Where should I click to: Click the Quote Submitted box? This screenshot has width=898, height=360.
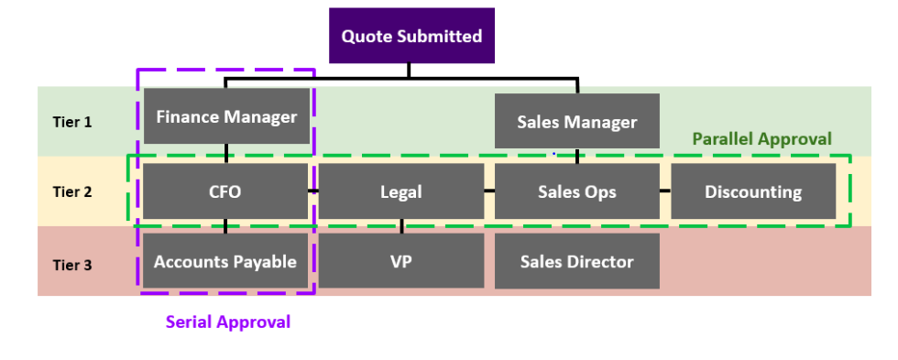411,37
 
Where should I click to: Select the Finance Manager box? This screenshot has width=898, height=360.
226,116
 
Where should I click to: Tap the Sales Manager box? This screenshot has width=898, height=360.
576,121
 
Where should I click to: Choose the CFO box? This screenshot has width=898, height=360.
225,191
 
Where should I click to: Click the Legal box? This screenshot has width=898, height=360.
400,191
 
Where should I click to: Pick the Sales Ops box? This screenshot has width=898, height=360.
576,191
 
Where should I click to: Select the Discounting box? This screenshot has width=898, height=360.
752,191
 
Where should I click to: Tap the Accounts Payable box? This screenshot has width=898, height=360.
225,261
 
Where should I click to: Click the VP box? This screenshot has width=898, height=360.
400,261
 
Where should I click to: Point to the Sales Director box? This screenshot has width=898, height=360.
576,261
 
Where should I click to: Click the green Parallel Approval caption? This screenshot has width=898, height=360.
761,139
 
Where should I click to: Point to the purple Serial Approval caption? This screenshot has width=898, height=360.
227,322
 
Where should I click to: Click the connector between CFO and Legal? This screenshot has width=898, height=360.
313,191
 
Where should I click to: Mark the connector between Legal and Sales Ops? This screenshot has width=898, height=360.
489,191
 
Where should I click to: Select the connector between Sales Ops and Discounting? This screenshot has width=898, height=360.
665,191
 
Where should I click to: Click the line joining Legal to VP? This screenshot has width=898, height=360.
401,226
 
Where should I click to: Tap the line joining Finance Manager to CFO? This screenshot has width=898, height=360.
226,154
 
